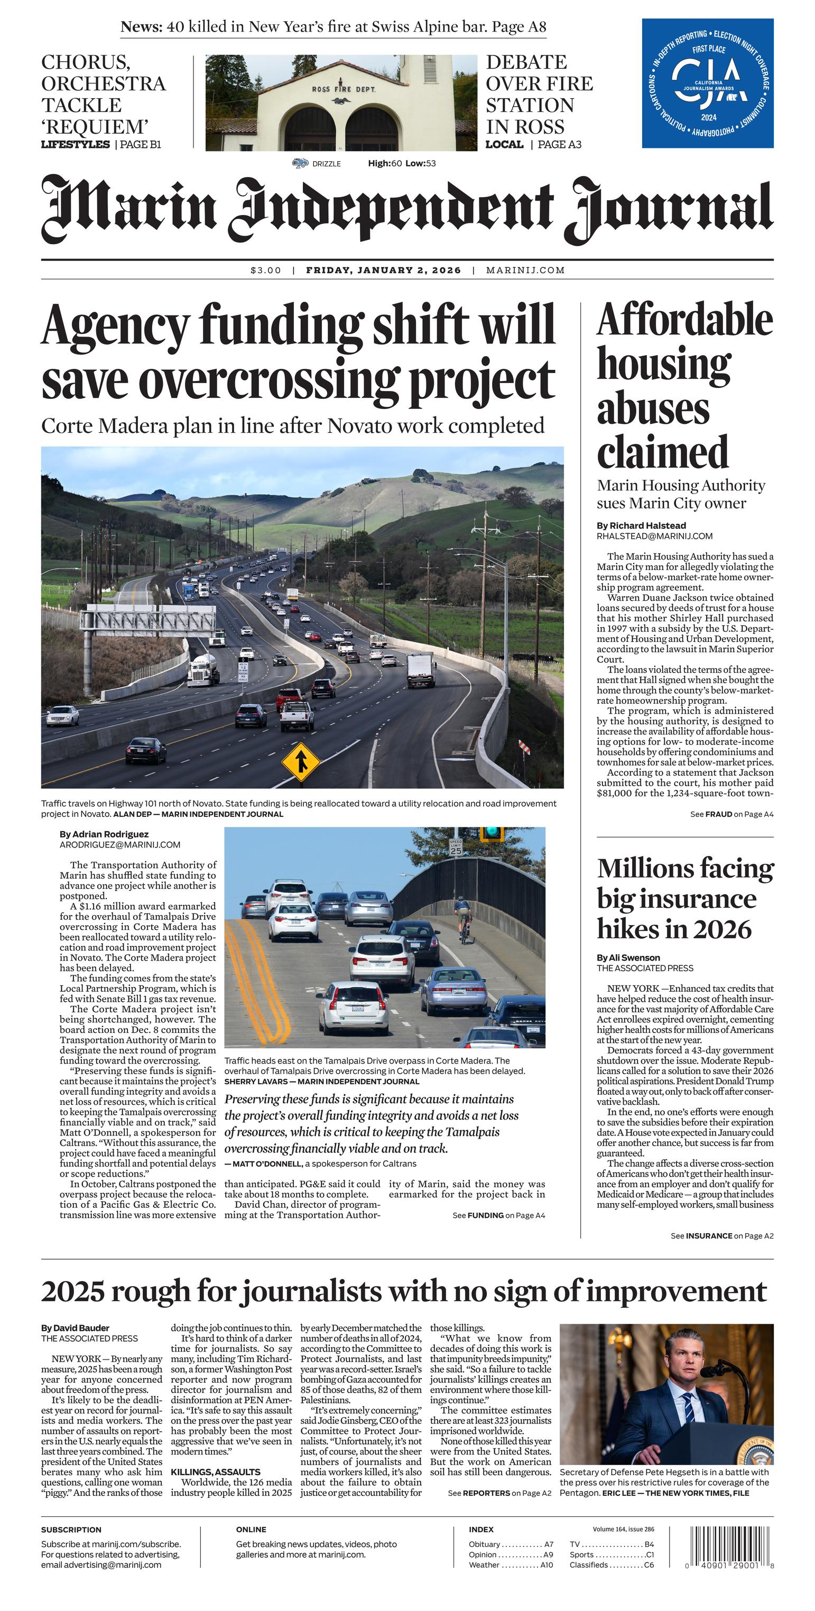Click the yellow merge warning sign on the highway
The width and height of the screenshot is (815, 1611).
(301, 762)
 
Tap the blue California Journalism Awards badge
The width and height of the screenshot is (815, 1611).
(707, 83)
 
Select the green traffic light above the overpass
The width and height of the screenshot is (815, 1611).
(492, 833)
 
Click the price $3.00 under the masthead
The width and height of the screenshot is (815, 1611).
(266, 270)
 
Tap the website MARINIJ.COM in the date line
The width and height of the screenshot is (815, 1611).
(525, 270)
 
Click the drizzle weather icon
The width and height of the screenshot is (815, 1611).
(300, 163)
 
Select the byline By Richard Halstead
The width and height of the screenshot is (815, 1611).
(641, 525)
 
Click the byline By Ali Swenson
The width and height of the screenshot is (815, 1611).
(628, 957)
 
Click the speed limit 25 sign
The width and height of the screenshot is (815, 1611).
(456, 847)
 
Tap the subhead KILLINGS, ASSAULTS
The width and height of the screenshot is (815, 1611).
(215, 1472)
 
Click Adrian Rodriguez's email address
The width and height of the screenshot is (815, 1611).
(120, 844)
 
